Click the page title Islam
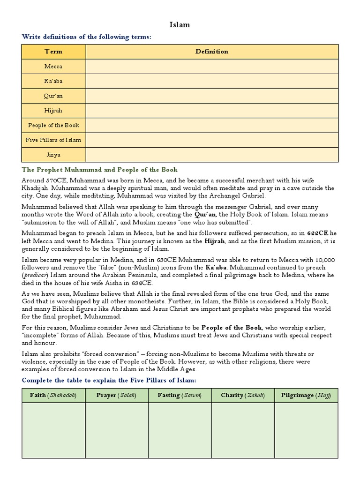coord(179,25)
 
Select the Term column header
coord(53,52)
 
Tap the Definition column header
coord(212,52)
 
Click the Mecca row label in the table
coord(53,67)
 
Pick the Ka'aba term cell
coord(53,81)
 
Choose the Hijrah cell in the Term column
coord(53,111)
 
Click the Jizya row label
coord(53,154)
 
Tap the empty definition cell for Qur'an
coord(212,96)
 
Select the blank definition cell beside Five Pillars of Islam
coord(212,140)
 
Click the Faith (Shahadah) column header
coord(53,395)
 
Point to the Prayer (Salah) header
coord(116,395)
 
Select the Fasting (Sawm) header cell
coord(180,395)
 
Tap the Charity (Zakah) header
coord(243,395)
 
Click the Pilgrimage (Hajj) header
coord(306,395)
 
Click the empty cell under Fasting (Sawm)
coord(180,430)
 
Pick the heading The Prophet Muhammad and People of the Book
coord(100,169)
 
